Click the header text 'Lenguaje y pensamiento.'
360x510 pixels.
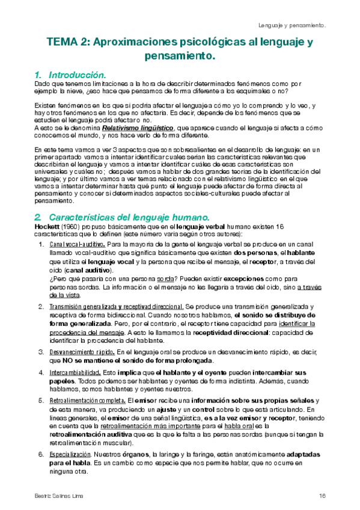292,26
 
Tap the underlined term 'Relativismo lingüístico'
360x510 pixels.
138,128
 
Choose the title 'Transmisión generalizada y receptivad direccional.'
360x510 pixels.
116,307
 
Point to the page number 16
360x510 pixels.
322,495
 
